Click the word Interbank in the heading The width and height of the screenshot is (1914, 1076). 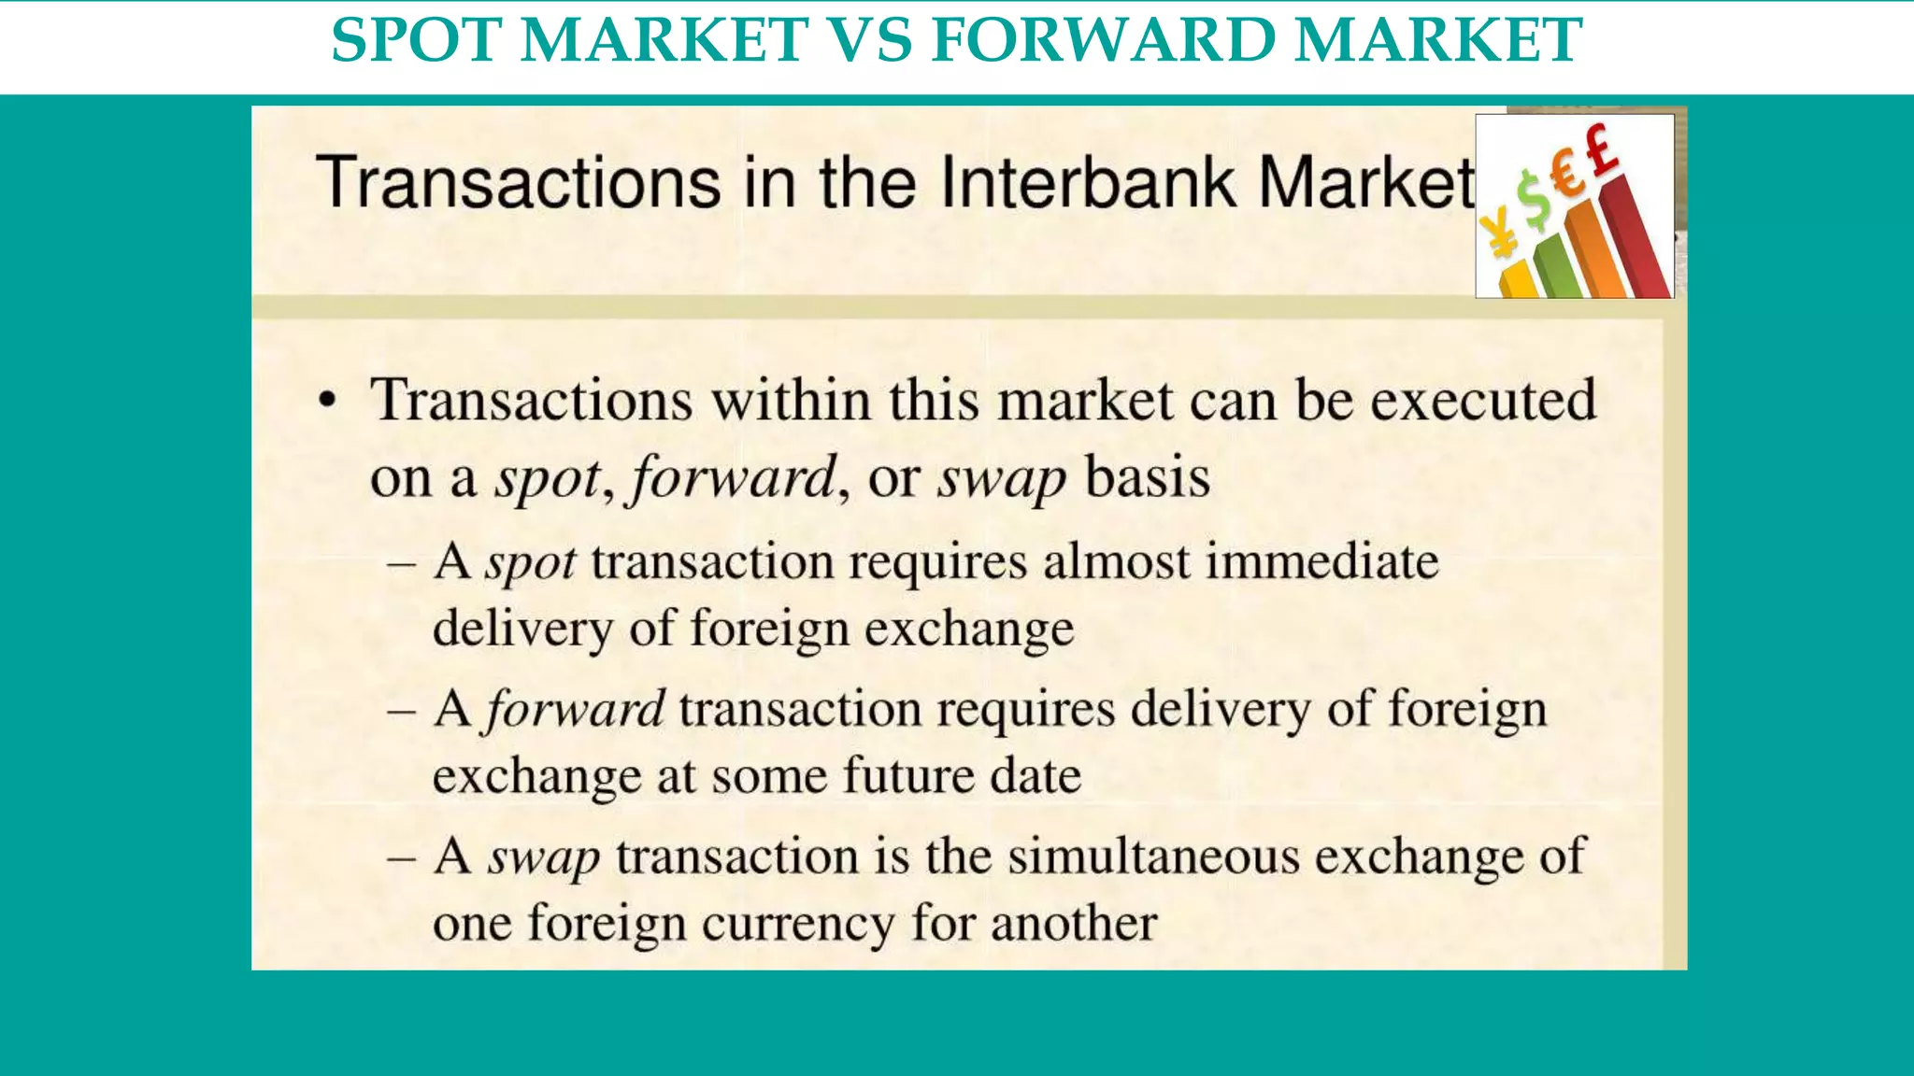[1090, 182]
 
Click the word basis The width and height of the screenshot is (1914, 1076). [1148, 477]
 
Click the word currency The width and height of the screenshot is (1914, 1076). [798, 924]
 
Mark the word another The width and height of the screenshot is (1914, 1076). [1074, 924]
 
